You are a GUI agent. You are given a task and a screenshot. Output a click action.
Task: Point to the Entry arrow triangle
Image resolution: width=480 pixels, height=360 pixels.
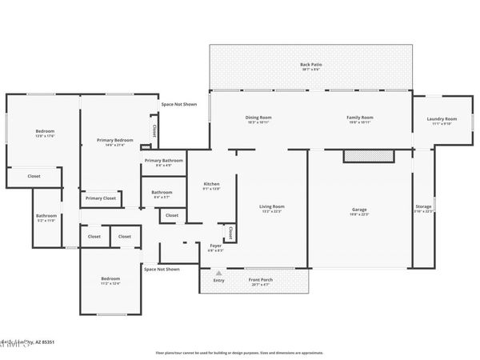pyautogui.click(x=218, y=272)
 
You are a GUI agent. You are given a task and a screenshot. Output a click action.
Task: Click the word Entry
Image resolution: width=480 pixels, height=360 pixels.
pyautogui.click(x=218, y=280)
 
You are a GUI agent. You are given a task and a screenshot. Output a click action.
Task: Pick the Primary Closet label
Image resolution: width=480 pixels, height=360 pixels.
pyautogui.click(x=100, y=198)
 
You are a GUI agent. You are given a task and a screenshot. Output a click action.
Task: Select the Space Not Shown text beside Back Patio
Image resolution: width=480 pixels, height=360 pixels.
pyautogui.click(x=178, y=104)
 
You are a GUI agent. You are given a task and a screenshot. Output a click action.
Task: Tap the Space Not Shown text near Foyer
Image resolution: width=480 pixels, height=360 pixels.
pyautogui.click(x=162, y=269)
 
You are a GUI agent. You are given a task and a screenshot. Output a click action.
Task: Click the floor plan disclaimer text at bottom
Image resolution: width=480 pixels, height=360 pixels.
pyautogui.click(x=239, y=352)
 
